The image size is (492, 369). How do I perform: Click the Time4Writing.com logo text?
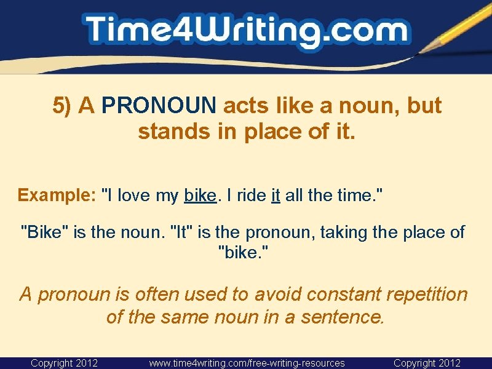tap(246, 31)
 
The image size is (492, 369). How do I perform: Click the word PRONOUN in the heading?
tap(159, 106)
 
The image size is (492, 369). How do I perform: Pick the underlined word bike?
tap(200, 196)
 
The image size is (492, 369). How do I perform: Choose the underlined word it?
tap(276, 196)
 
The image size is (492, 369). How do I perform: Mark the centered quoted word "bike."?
tap(245, 252)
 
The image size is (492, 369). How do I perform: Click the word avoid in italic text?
tap(274, 294)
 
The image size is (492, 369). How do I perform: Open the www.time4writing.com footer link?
tap(247, 363)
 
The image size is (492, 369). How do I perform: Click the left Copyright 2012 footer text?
tap(65, 363)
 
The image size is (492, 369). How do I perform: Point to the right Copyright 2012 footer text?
tap(427, 363)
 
